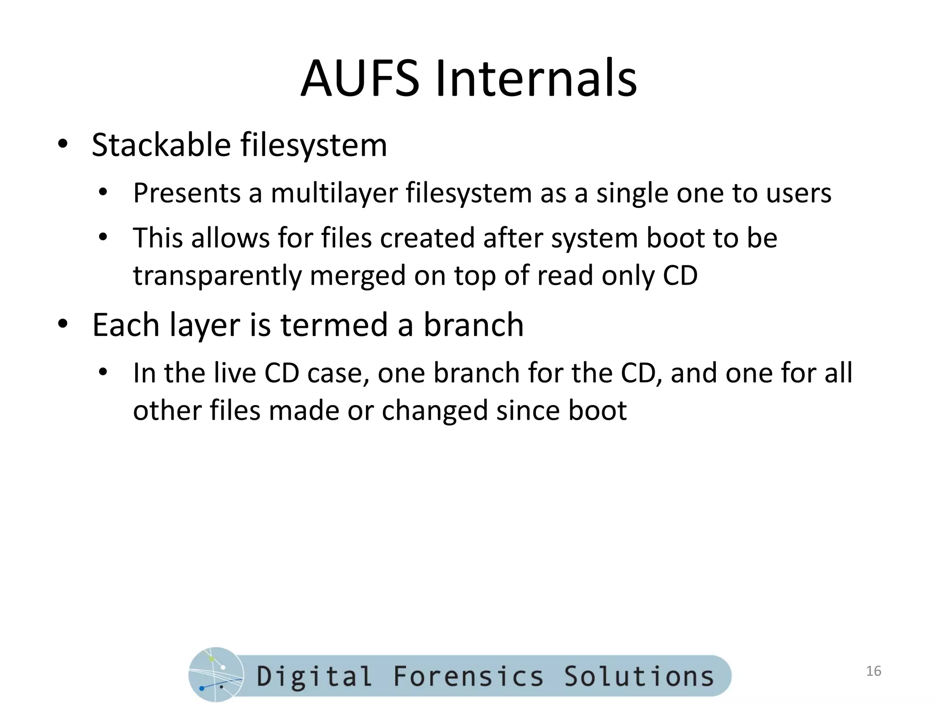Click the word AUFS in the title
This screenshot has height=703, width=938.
(x=360, y=79)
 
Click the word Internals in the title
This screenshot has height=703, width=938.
(x=536, y=79)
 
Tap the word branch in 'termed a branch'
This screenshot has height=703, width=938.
(x=473, y=324)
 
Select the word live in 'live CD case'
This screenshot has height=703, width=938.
(x=234, y=373)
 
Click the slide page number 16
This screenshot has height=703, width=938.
(x=874, y=671)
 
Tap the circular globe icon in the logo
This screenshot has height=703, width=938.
(x=216, y=675)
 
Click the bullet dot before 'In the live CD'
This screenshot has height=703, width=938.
(x=103, y=372)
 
